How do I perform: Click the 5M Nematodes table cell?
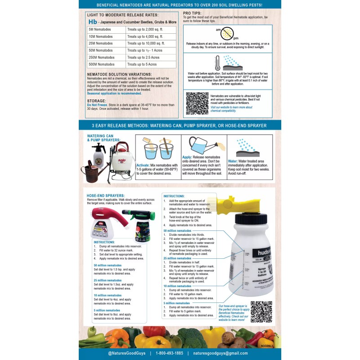pos(106,29)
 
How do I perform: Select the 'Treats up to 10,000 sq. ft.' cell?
pos(151,43)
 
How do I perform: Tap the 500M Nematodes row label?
pos(106,64)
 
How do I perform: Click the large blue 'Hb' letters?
pos(93,21)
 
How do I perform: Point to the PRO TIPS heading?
pos(192,13)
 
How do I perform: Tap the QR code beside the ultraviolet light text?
pos(197,103)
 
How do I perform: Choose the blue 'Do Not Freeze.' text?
pos(99,105)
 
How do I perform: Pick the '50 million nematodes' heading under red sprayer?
pos(108,265)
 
